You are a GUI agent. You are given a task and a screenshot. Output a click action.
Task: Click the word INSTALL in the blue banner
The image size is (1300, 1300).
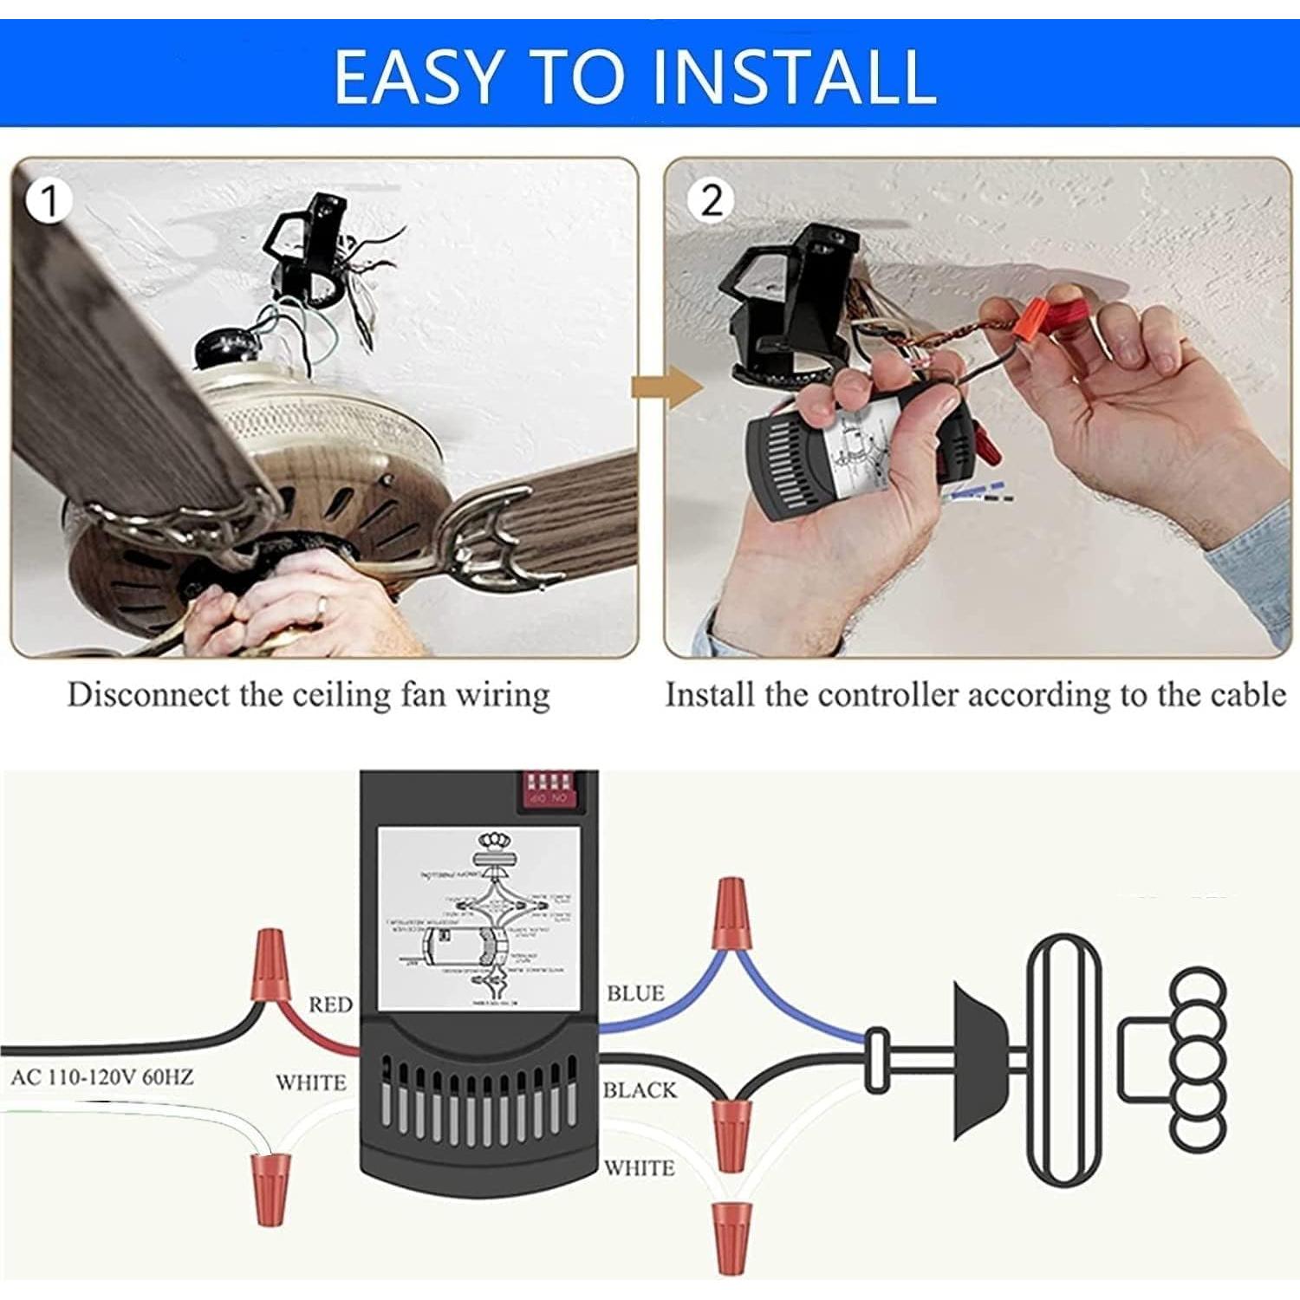coord(792,76)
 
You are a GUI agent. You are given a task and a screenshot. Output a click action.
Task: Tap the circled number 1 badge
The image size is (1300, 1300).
coord(49,201)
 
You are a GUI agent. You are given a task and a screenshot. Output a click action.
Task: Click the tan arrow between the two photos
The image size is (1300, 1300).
coord(666,387)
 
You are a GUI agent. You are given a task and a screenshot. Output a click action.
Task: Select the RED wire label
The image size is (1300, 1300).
coord(330,1004)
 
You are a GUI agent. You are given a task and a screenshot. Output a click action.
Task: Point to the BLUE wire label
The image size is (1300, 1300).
coord(635,993)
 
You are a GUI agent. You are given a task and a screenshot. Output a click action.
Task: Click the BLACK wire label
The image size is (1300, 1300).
coord(640,1090)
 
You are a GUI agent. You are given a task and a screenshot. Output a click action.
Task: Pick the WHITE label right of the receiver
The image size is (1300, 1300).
coord(639,1168)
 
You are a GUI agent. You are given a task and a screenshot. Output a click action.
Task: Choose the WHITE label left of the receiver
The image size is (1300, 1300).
coord(310,1082)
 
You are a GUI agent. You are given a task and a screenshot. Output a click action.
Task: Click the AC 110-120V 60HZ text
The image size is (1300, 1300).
coord(102,1077)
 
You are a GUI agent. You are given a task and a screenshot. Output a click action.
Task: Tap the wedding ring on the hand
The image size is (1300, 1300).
coord(322,606)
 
